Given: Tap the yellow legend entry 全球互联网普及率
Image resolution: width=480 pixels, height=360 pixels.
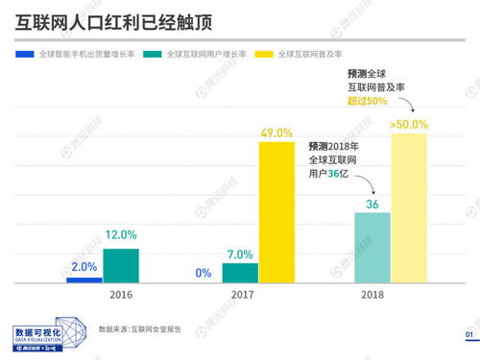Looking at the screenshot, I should pyautogui.click(x=313, y=55).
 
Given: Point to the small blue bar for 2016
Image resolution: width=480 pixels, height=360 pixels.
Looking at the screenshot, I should pyautogui.click(x=84, y=279).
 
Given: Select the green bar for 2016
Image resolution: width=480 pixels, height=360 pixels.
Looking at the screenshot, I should pyautogui.click(x=121, y=266).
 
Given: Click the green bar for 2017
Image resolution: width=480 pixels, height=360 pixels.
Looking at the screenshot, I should pyautogui.click(x=240, y=274).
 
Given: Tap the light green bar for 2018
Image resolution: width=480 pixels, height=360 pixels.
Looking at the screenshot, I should pyautogui.click(x=373, y=248).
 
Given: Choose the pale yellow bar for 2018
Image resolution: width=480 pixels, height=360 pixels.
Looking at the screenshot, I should pyautogui.click(x=410, y=208).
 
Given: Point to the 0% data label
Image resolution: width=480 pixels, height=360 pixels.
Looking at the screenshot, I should pyautogui.click(x=204, y=274).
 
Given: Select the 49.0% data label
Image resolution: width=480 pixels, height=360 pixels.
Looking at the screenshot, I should pyautogui.click(x=276, y=133).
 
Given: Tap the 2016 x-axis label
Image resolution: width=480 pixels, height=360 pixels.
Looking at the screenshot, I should pyautogui.click(x=121, y=296).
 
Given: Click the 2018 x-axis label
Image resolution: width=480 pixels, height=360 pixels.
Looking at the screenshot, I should pyautogui.click(x=372, y=296).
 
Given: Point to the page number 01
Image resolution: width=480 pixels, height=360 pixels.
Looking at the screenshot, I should pyautogui.click(x=469, y=334).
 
